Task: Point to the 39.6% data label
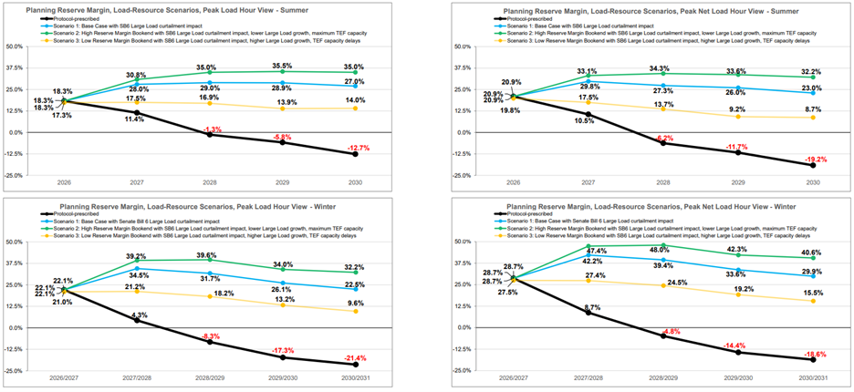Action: (x=210, y=255)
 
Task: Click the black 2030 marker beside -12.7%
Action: (x=356, y=154)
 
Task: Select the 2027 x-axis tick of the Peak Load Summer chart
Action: (x=135, y=182)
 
